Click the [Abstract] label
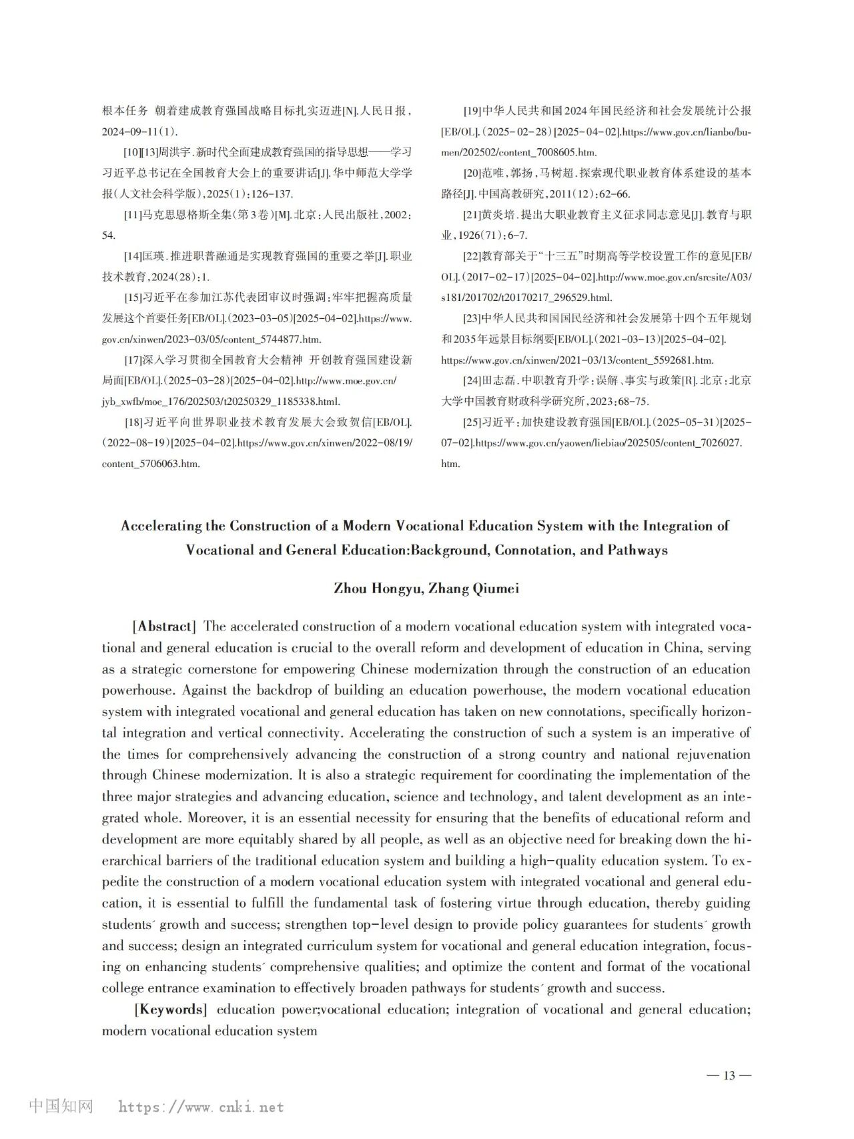point(164,627)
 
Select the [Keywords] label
point(170,1010)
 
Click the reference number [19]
point(472,111)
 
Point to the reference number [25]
point(472,422)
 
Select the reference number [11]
point(133,215)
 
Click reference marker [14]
point(133,256)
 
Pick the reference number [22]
point(472,256)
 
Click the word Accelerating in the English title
point(161,526)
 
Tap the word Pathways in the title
point(637,550)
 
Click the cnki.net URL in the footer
point(201,1107)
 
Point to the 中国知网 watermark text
point(61,1106)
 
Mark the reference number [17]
point(133,360)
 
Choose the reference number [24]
point(472,380)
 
